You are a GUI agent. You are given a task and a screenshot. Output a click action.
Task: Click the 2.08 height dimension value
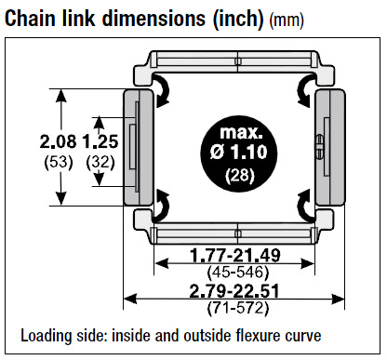tap(58, 141)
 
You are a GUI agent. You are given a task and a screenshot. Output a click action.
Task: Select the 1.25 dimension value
tap(100, 141)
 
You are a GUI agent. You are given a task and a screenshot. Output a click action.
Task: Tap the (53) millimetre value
tap(59, 162)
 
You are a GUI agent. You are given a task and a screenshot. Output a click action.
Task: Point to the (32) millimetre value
tap(100, 162)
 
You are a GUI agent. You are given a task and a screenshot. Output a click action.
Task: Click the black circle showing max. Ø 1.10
tap(239, 153)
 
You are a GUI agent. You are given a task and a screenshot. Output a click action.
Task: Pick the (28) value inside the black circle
tap(240, 176)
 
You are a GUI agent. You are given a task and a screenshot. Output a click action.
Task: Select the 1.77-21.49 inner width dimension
tap(235, 255)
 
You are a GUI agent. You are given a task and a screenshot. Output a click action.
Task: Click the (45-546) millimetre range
tap(237, 273)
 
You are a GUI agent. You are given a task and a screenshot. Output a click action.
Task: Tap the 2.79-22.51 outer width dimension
tap(234, 291)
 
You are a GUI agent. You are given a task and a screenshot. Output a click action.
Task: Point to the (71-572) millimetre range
tap(237, 308)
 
